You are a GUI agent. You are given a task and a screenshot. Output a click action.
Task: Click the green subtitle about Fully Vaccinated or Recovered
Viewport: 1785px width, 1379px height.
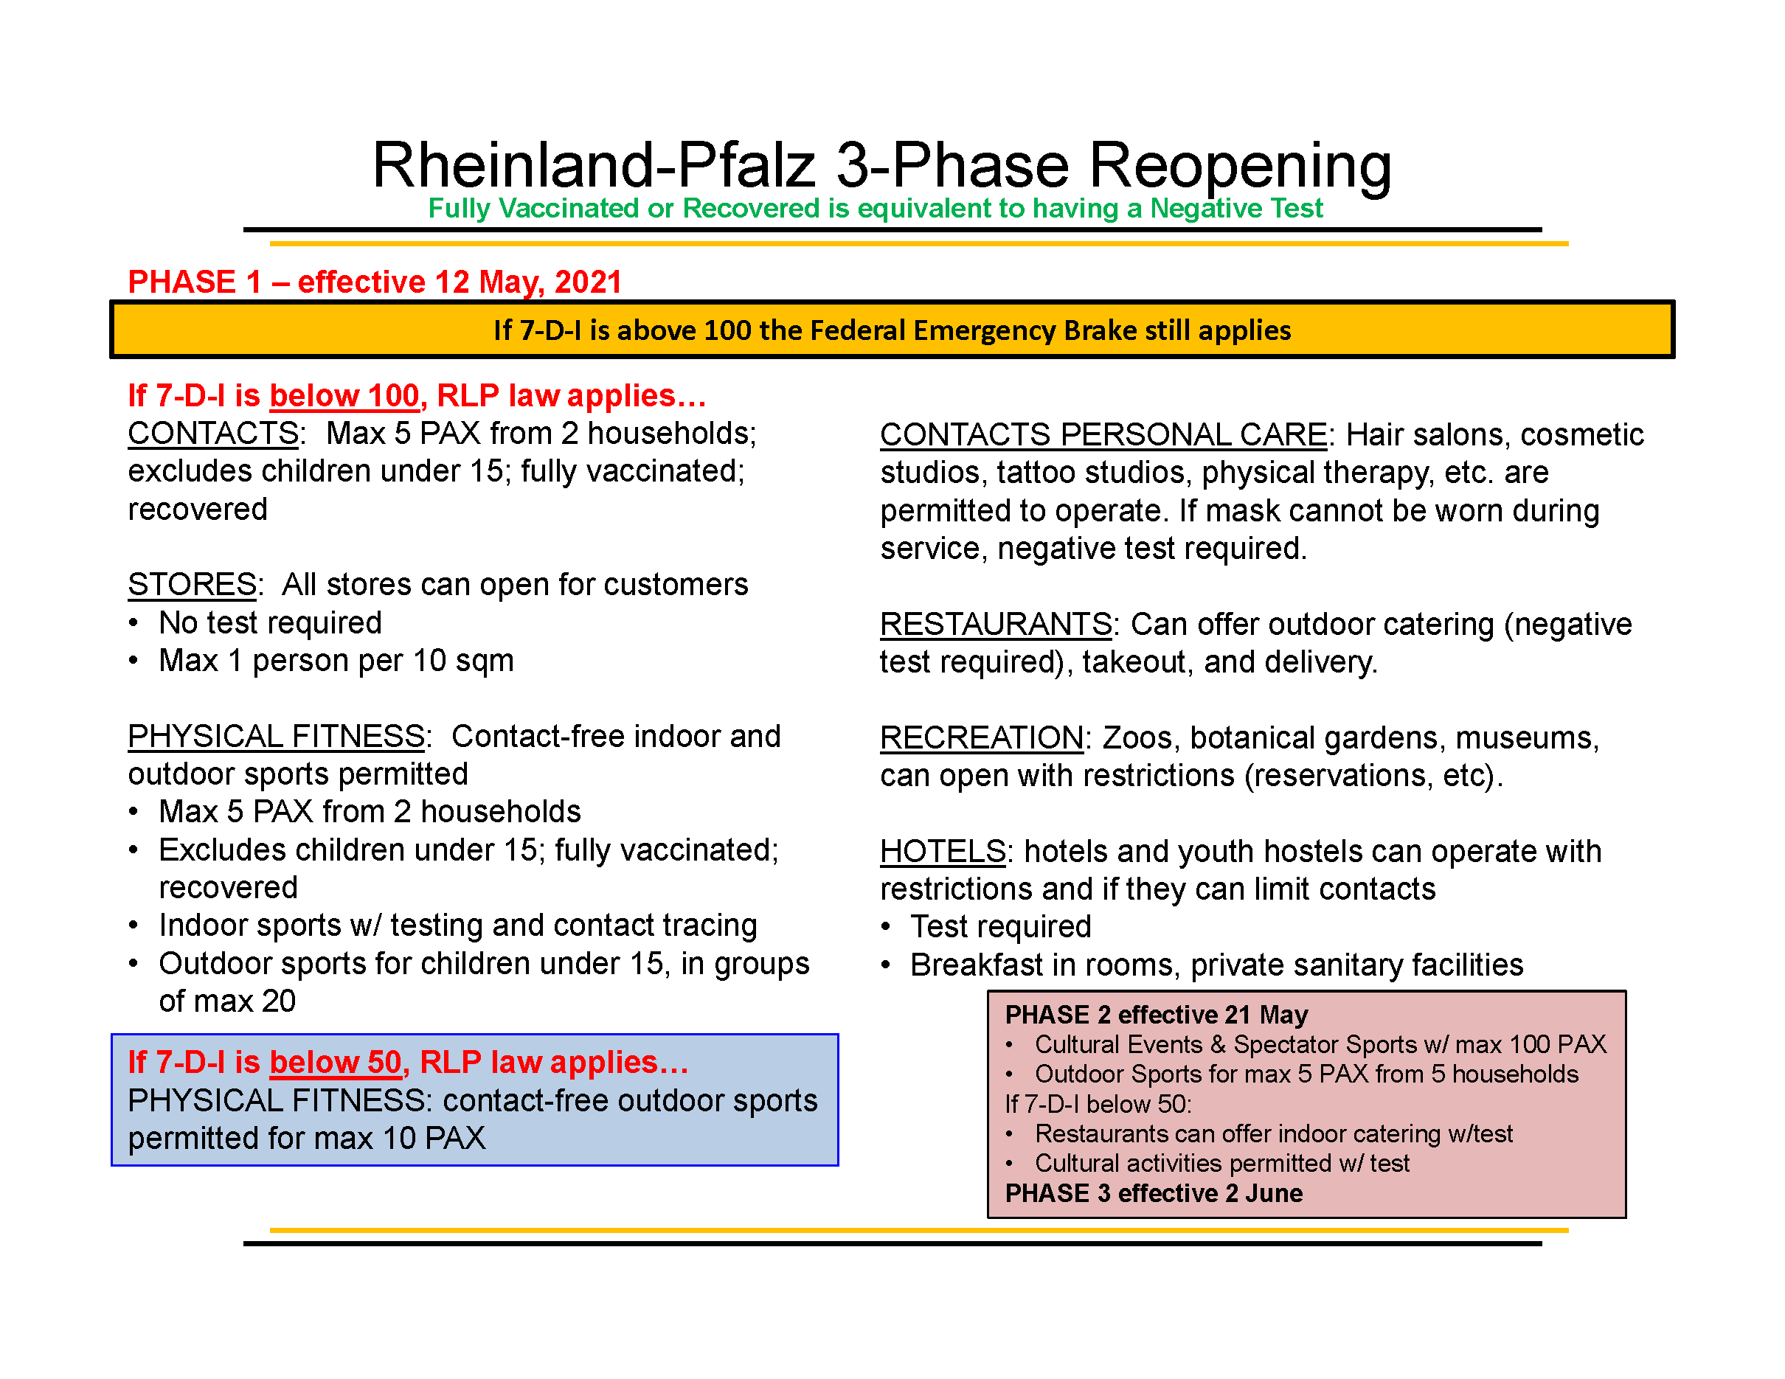tap(875, 208)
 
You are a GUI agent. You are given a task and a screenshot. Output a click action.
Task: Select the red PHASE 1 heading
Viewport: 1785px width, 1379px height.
tap(375, 282)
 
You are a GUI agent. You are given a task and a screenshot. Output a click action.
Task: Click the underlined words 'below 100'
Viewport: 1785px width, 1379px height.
tap(344, 396)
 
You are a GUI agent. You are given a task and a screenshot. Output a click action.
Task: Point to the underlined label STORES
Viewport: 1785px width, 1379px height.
tap(192, 585)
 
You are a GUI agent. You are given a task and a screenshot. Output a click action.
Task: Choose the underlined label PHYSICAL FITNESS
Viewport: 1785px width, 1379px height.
tap(277, 737)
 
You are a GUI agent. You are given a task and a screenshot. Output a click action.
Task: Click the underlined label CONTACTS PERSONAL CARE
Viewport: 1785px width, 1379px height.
tap(1103, 435)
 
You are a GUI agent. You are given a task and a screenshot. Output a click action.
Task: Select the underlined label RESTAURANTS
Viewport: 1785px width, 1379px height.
tap(996, 625)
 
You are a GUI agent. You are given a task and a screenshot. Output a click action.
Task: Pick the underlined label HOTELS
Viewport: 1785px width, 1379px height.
tap(943, 852)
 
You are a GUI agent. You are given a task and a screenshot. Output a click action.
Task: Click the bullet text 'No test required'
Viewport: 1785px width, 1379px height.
tap(271, 623)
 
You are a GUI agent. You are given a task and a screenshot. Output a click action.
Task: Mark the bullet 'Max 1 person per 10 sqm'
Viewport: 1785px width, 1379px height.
tap(337, 661)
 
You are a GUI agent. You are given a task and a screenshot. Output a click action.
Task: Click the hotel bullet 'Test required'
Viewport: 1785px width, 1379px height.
tap(1001, 927)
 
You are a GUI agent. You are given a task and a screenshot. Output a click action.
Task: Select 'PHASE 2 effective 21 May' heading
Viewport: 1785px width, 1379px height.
tap(1157, 1015)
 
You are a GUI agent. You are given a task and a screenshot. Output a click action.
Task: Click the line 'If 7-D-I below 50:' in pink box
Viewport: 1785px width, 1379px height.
tap(1098, 1105)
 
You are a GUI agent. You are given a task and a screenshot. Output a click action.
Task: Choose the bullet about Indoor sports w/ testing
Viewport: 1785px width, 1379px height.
tap(458, 925)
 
